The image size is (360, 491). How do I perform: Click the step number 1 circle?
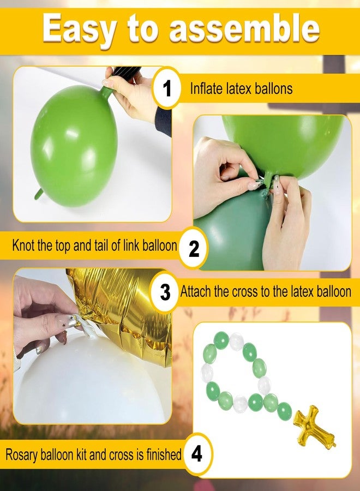point(167,88)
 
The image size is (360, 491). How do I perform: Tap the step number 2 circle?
point(194,248)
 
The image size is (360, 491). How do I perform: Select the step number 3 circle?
point(165,292)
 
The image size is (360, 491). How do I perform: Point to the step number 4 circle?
point(196,453)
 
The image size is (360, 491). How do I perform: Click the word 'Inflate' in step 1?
point(207,88)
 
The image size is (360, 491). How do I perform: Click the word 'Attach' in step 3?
point(196,291)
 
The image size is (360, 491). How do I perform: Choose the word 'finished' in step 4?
point(164,454)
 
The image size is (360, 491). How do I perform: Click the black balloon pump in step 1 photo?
point(126,71)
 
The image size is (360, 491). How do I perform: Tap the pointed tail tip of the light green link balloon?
point(35,198)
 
